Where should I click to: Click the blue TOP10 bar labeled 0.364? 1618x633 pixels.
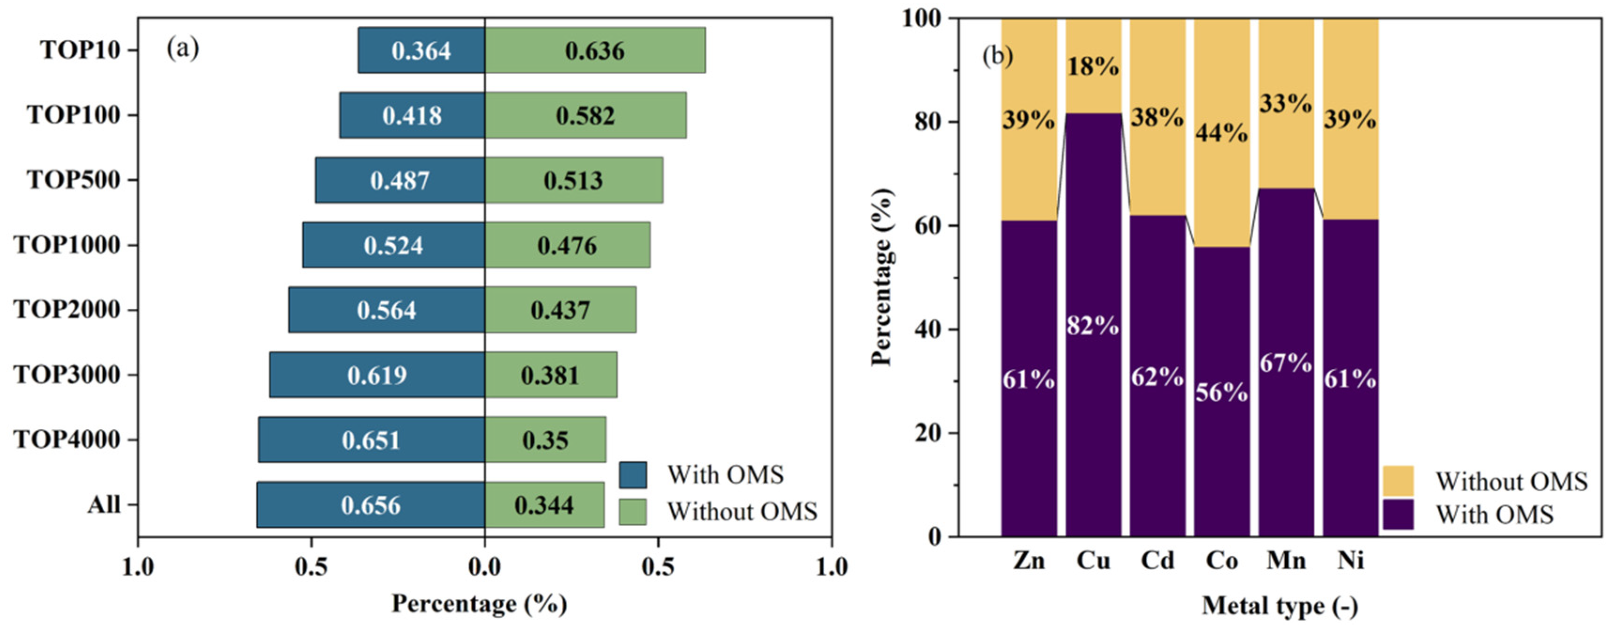click(422, 50)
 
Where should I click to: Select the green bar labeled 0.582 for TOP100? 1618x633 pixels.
click(585, 115)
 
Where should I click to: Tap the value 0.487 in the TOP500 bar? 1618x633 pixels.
click(400, 181)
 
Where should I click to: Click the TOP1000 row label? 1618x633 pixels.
click(67, 245)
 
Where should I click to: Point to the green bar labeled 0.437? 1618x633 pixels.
click(560, 310)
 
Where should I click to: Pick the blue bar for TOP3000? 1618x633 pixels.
click(377, 375)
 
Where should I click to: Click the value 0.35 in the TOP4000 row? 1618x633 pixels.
click(545, 440)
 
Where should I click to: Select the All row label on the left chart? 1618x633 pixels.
click(104, 505)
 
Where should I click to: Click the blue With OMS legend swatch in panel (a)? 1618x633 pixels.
click(632, 475)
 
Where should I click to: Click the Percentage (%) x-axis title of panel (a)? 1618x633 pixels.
click(479, 604)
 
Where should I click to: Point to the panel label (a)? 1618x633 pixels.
click(183, 48)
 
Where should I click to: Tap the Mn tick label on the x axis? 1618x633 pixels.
click(1286, 560)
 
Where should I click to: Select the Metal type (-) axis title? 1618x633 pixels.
click(1280, 606)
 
